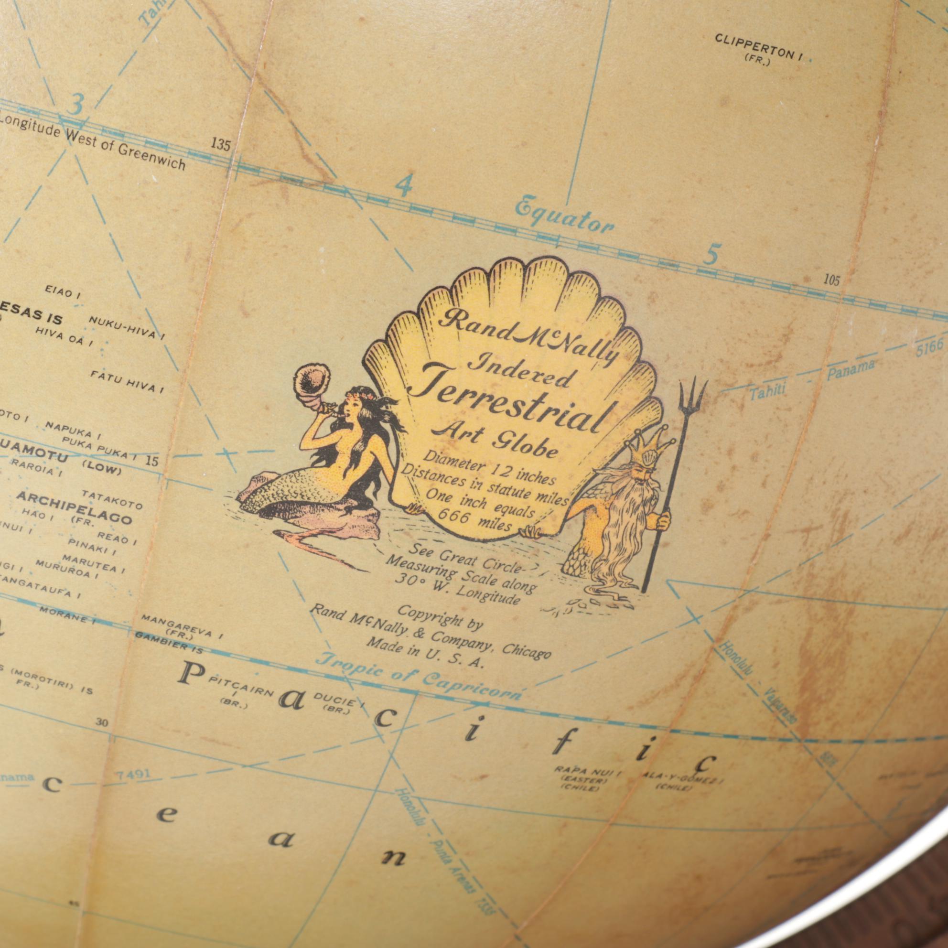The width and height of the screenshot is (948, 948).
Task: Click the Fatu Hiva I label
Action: [x=127, y=381]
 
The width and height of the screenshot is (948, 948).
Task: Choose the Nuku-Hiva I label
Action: [x=126, y=327]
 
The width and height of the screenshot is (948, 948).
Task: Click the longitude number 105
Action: [x=831, y=280]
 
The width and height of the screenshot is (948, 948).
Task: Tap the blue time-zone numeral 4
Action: [x=403, y=186]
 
